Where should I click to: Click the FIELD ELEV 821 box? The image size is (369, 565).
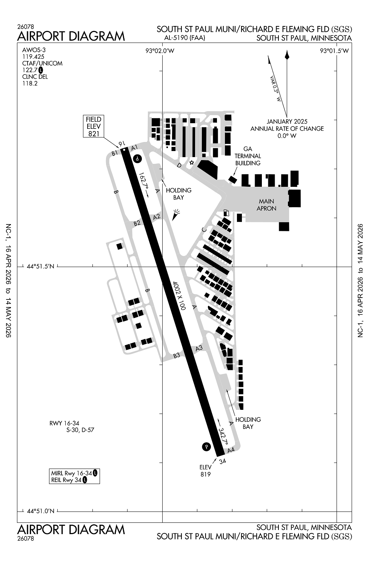coord(94,126)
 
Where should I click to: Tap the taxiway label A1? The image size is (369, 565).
coord(134,148)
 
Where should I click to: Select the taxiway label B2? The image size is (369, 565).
coord(137,223)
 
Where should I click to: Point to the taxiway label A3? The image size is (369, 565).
coord(199,348)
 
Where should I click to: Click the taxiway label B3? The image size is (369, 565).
coord(177,355)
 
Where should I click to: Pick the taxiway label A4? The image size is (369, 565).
coord(231,450)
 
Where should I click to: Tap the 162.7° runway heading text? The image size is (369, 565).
coord(143,183)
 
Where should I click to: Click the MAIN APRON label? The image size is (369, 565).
coord(266,205)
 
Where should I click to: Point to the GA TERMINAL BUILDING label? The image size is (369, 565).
coord(248,156)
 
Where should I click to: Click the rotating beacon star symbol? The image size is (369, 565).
coord(191,163)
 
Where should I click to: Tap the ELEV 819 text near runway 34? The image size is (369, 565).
coord(206,471)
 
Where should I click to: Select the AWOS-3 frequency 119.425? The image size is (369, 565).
coord(33,56)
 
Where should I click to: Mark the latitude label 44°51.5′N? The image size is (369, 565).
coord(41,267)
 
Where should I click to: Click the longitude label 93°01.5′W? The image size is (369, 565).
coord(335,51)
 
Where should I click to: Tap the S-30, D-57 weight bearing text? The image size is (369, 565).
coord(80,430)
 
